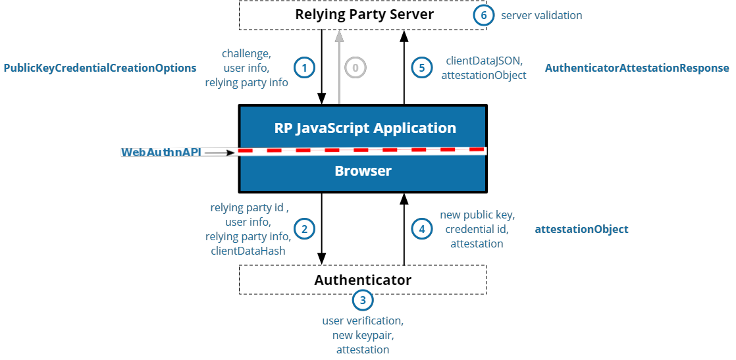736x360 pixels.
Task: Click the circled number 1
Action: coord(303,67)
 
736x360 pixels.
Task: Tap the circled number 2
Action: coord(303,228)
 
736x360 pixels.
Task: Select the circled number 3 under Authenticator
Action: coord(363,300)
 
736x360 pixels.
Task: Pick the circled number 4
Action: coord(422,228)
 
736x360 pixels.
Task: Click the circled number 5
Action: coord(422,67)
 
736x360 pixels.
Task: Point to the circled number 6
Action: coord(483,15)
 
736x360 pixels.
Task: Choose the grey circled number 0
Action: coord(355,67)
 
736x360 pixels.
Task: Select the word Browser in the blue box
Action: coord(363,171)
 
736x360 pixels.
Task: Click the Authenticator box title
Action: coord(363,280)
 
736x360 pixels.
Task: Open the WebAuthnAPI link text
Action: coord(161,153)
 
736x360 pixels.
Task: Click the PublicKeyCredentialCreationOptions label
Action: coord(100,68)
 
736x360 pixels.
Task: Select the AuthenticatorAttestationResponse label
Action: coord(637,68)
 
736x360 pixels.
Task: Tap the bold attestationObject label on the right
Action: coord(581,229)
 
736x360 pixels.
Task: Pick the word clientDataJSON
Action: coord(484,61)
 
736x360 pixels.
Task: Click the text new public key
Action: coord(477,215)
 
